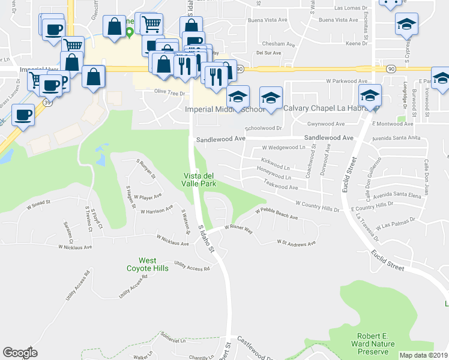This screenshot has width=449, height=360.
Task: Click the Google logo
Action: click(x=20, y=353)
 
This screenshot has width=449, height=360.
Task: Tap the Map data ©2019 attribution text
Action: click(x=424, y=355)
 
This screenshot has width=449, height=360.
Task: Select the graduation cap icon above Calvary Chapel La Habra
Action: click(x=271, y=97)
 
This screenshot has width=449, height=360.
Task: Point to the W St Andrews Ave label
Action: click(x=296, y=243)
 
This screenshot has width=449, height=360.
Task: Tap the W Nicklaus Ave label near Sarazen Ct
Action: click(x=75, y=247)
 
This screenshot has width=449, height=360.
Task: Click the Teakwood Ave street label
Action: click(x=281, y=187)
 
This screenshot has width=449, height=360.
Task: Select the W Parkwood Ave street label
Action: click(x=346, y=81)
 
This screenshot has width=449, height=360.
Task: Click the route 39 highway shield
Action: click(x=46, y=103)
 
